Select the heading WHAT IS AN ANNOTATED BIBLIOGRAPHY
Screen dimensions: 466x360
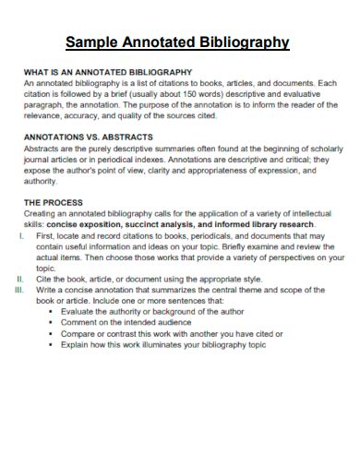tap(107, 71)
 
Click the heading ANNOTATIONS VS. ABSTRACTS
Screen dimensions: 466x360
tap(88, 137)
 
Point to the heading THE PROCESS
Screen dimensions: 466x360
tap(53, 202)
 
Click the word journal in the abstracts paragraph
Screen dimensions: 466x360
tap(38, 159)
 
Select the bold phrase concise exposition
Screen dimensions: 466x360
tap(90, 224)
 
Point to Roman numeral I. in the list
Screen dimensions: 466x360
tap(21, 236)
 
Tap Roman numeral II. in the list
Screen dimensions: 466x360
tap(20, 279)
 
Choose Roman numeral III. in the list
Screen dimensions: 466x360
tap(19, 290)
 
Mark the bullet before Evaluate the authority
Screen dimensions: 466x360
tap(50, 312)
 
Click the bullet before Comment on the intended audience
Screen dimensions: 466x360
tap(50, 323)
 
